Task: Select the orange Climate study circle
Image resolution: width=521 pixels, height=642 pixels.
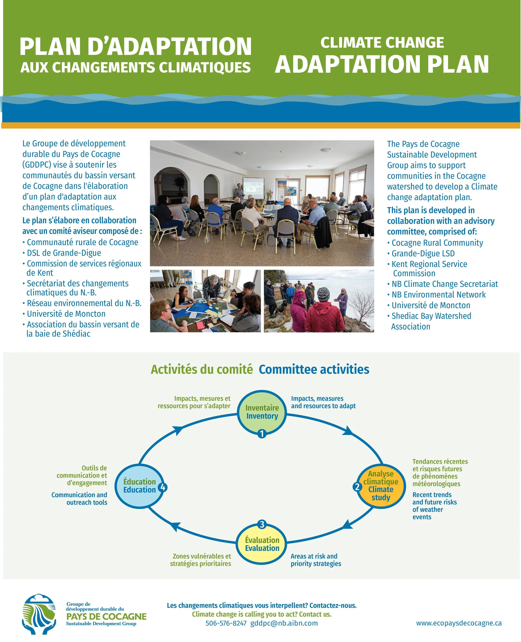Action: (x=381, y=486)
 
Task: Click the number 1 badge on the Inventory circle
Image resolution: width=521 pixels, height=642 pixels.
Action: (x=262, y=434)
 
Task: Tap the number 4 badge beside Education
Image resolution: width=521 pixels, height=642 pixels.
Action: (x=163, y=487)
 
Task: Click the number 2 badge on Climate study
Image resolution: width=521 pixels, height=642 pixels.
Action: (x=357, y=487)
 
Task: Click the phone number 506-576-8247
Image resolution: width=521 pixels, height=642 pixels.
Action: (x=226, y=623)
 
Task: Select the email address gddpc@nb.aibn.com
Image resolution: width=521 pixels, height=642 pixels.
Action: (x=284, y=623)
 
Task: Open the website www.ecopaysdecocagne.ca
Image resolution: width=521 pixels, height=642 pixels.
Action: (x=458, y=623)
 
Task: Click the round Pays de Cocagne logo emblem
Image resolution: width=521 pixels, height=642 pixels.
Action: (x=39, y=614)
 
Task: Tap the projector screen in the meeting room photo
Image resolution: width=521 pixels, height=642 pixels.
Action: (x=253, y=188)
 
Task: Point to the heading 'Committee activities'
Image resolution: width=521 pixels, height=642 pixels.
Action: (x=314, y=369)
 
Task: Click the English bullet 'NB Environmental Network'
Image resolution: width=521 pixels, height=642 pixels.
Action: (x=438, y=295)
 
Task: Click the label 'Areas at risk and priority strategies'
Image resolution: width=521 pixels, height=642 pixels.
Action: (x=316, y=560)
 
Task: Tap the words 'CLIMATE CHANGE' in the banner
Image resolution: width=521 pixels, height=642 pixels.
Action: (x=382, y=43)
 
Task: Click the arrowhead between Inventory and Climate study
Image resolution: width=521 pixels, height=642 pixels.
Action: (x=348, y=431)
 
